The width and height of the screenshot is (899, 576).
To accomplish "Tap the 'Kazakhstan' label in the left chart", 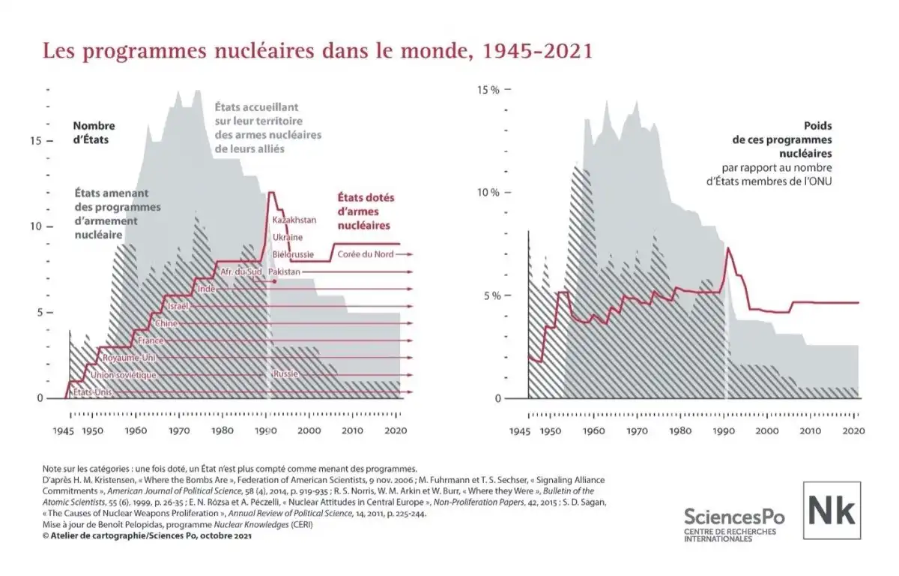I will tap(294, 220).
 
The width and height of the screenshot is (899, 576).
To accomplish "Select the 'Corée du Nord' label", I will tap(365, 254).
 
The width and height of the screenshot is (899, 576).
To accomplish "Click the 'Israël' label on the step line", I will tap(177, 306).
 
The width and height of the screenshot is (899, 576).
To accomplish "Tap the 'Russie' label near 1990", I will tap(286, 374).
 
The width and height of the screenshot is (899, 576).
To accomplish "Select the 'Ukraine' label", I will tap(288, 237).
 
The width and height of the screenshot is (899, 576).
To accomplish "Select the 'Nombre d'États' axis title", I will tap(94, 132).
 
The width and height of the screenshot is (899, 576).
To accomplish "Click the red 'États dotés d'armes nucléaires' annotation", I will tap(363, 211).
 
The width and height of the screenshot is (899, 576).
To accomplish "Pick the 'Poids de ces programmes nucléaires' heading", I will tap(793, 139).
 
